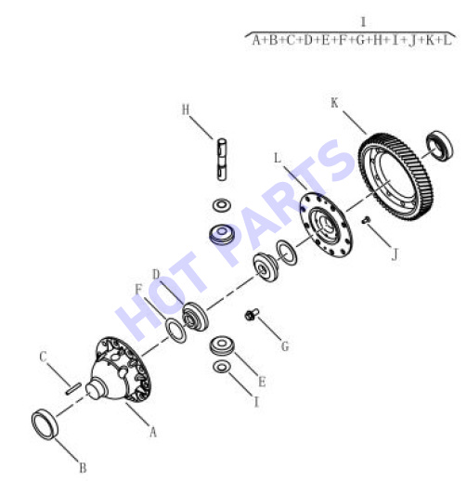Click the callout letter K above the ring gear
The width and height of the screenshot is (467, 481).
[334, 103]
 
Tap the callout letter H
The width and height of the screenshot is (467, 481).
[186, 110]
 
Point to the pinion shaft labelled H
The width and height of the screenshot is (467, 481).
[222, 159]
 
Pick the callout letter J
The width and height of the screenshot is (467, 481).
[395, 255]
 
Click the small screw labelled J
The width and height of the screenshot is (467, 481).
[366, 220]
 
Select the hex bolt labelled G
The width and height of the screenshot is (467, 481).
[252, 315]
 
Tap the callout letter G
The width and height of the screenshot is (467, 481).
[285, 346]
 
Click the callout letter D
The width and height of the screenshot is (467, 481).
[156, 274]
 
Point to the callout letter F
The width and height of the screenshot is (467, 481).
[138, 290]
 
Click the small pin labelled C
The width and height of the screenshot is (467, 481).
[73, 389]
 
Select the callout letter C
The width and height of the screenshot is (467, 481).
[43, 357]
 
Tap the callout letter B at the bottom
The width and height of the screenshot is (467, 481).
[83, 468]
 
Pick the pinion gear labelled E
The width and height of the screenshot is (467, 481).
[222, 345]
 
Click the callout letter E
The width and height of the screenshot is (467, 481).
[262, 382]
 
